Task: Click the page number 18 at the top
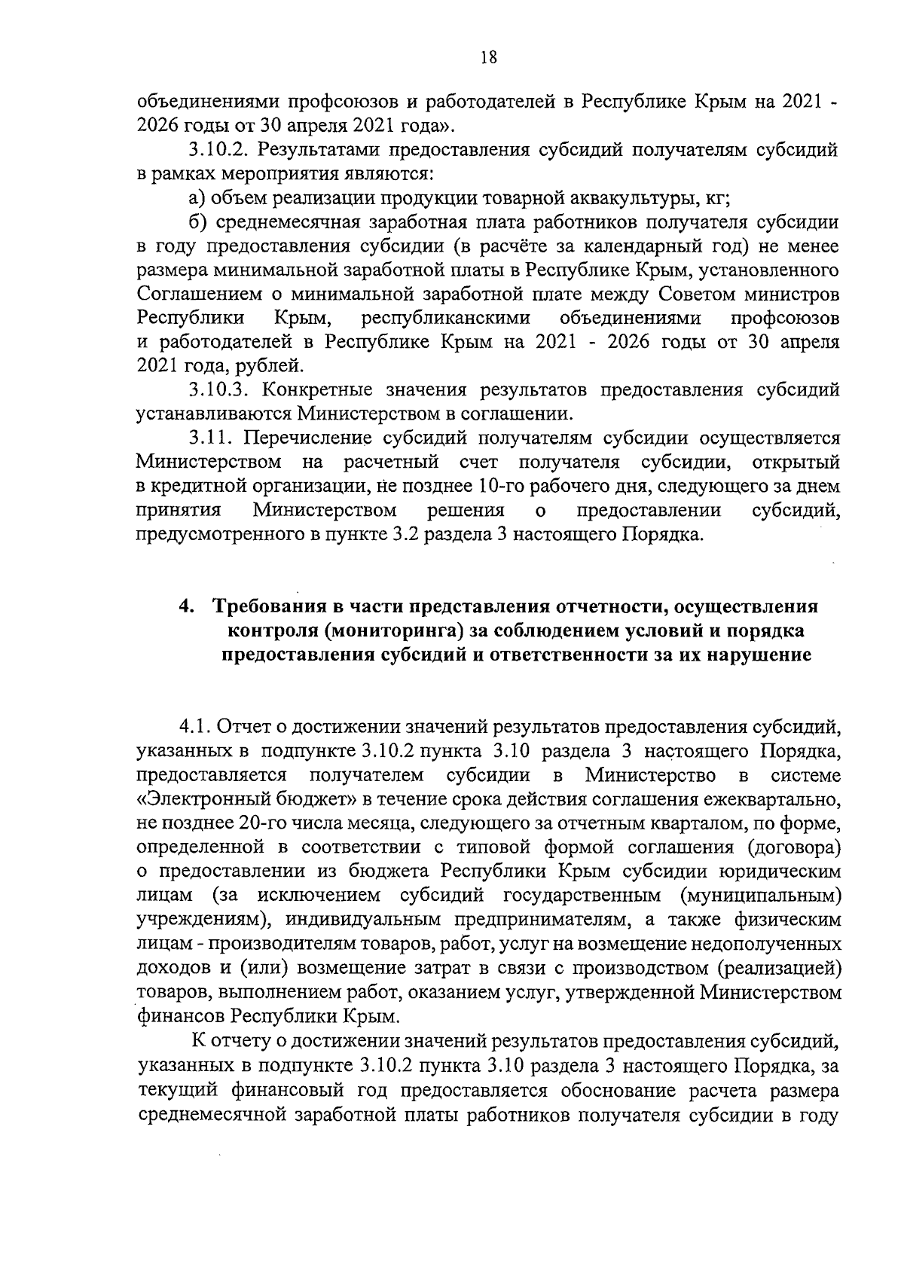point(487,58)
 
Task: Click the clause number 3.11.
point(208,438)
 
